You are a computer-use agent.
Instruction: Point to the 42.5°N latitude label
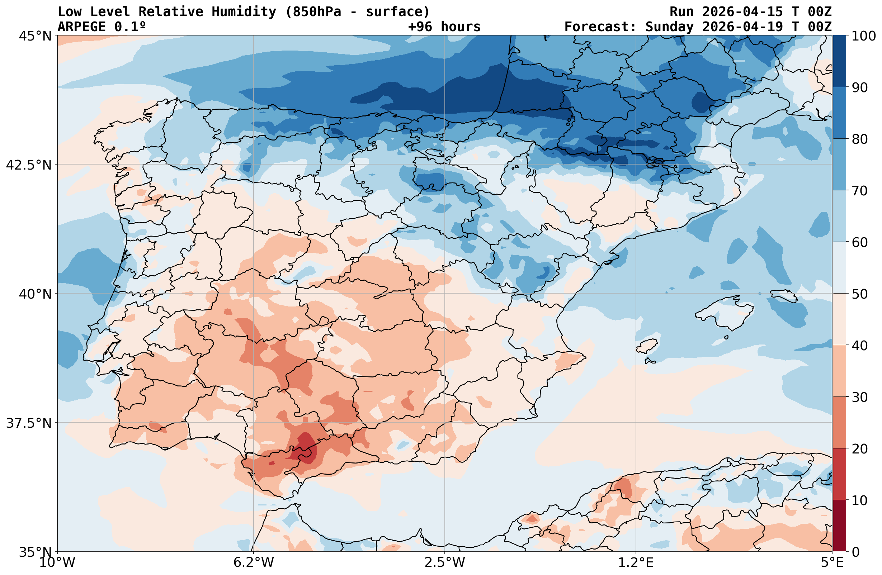pos(29,165)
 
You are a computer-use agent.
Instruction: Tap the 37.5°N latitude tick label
pos(29,423)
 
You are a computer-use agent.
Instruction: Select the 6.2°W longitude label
pos(254,562)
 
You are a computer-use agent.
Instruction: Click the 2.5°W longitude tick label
pos(445,562)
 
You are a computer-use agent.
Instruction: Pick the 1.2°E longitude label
pos(636,562)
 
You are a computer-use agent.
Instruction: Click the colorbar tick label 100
pos(863,36)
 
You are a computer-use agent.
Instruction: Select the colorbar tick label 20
pos(859,449)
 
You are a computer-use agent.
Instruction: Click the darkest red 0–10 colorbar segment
pos(839,526)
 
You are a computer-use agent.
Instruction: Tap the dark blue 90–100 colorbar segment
pos(839,61)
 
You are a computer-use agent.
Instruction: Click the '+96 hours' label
pos(444,27)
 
